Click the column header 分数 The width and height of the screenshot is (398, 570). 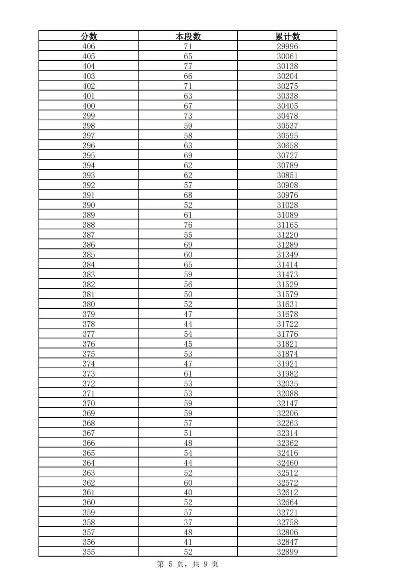coord(89,36)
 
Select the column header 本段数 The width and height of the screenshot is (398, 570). coord(188,36)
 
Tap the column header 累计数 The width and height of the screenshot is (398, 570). coord(288,36)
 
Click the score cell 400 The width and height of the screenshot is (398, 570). coord(89,106)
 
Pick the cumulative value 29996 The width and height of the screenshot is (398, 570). coord(288,46)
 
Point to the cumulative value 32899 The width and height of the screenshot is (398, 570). coord(288,552)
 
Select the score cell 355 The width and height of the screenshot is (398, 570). coord(89,552)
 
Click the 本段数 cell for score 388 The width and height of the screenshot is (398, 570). coord(188,225)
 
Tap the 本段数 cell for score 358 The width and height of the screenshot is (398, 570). coord(188,522)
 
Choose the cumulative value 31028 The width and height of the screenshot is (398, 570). coord(288,205)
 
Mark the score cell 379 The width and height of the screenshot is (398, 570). coord(89,314)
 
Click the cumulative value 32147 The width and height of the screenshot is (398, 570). coord(288,403)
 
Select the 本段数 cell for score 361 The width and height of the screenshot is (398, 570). coord(188,493)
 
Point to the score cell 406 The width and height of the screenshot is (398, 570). coord(89,46)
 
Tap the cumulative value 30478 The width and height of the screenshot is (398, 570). coord(288,116)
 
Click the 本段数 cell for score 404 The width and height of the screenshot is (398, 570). coord(188,66)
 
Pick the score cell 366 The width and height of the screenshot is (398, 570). coord(89,443)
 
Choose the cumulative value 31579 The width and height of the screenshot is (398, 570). coord(288,294)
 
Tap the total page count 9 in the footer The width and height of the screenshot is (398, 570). coord(206,564)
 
